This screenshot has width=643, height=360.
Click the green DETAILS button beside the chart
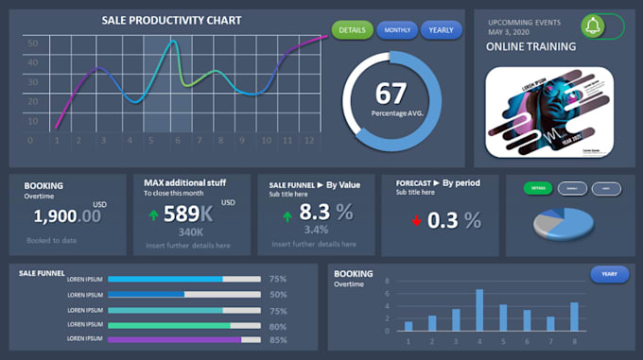click(x=352, y=30)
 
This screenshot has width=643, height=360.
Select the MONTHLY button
click(x=397, y=30)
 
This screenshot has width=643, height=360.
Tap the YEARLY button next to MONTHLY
click(x=441, y=30)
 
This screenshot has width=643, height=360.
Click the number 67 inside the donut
click(x=391, y=94)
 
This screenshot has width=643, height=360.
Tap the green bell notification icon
click(x=594, y=26)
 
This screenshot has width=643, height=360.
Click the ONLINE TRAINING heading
click(x=530, y=46)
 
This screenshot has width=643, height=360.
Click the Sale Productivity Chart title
click(x=171, y=20)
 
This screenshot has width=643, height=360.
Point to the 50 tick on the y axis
click(x=32, y=43)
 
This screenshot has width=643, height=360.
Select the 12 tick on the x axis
click(x=308, y=141)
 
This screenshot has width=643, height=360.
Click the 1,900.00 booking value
click(x=66, y=216)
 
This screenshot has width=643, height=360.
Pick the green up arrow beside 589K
click(x=153, y=214)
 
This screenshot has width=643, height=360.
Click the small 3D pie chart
click(x=565, y=223)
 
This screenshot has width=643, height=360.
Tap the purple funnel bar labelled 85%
click(x=175, y=339)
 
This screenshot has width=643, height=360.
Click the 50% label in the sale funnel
click(x=278, y=295)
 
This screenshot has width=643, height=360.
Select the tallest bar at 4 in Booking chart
click(x=479, y=310)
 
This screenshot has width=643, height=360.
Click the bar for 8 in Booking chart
click(x=574, y=317)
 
